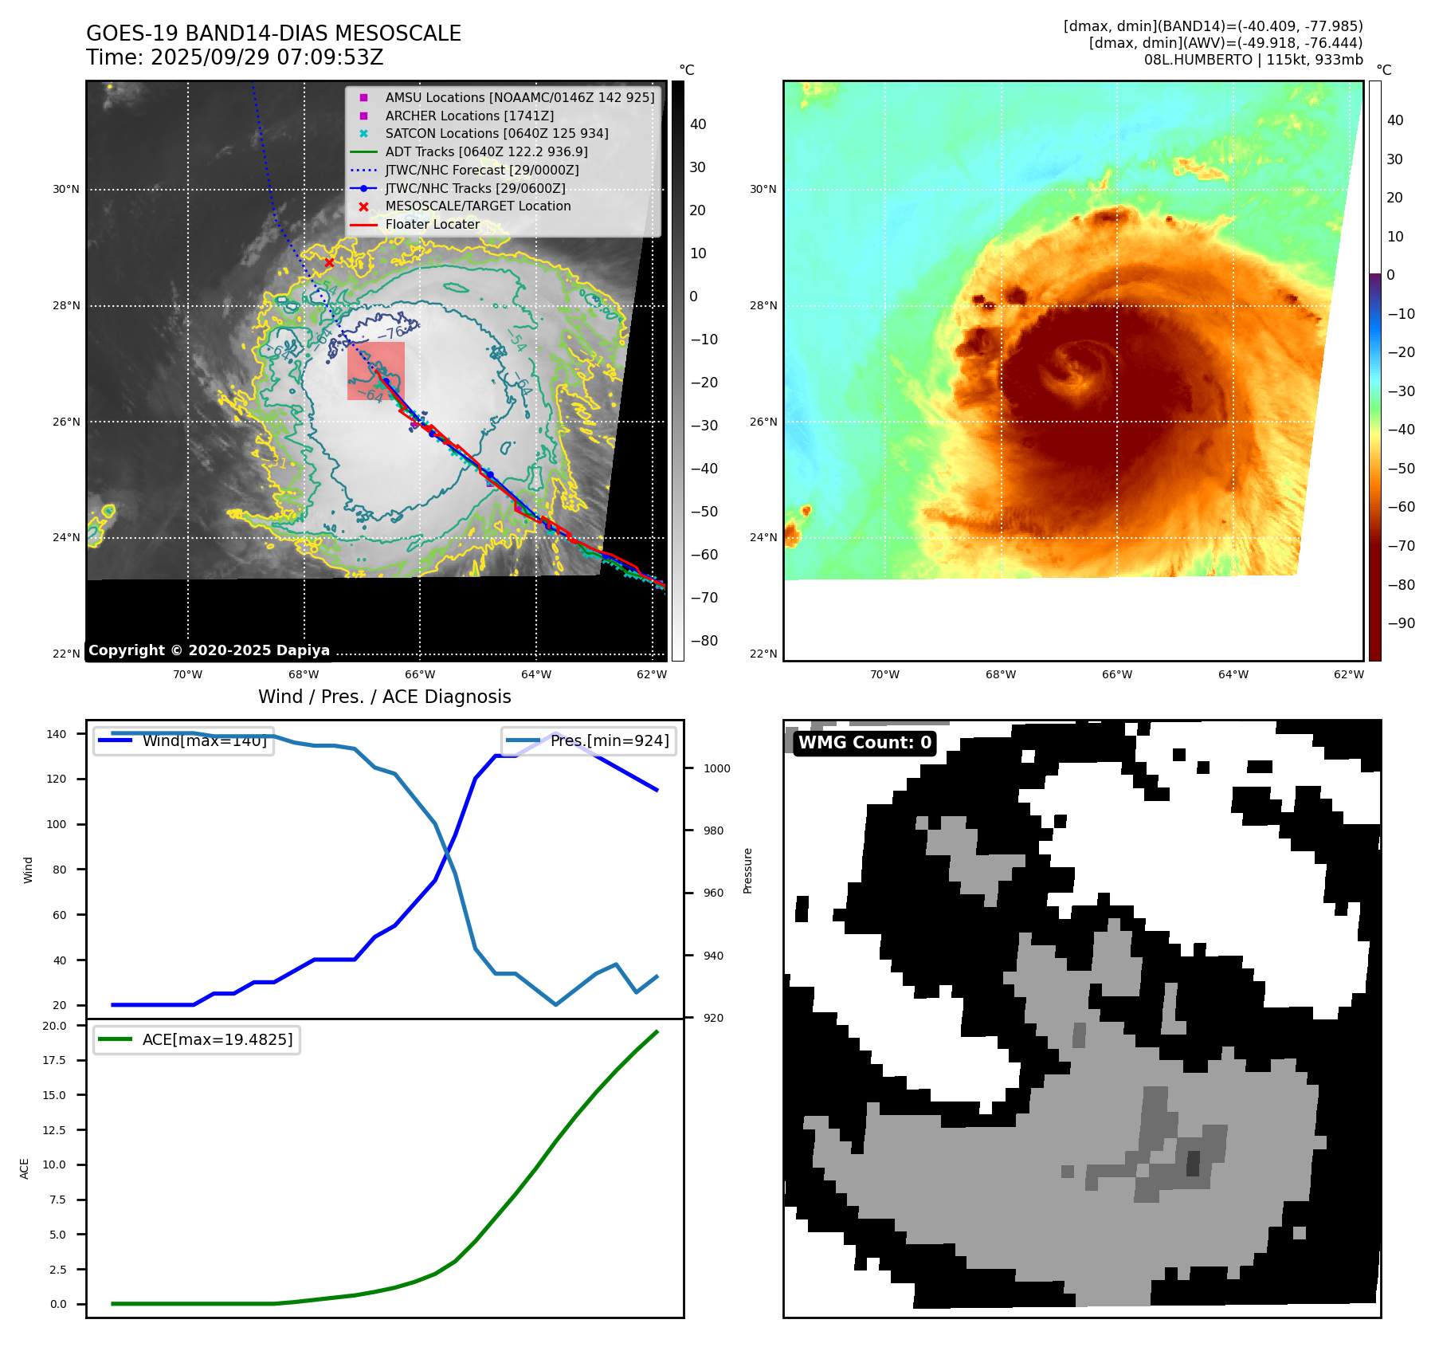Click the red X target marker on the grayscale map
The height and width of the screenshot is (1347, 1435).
tap(329, 262)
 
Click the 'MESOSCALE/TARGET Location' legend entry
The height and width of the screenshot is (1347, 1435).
tap(477, 206)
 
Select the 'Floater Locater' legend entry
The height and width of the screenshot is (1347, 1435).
tap(432, 224)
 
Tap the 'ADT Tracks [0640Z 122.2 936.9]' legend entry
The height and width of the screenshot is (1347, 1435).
tap(486, 151)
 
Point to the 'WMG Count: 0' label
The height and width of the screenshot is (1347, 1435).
tap(865, 743)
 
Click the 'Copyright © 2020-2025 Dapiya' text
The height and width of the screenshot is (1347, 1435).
tap(209, 650)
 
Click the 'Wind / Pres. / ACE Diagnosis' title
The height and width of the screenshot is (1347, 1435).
tap(384, 697)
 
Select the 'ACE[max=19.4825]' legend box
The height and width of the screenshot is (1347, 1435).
tap(197, 1039)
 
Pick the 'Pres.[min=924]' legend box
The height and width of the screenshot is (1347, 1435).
tap(589, 740)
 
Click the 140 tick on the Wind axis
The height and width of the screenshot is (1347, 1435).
tap(57, 734)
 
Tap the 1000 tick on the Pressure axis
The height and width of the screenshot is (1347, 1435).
tap(716, 768)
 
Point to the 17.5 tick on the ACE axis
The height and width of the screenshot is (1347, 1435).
tap(54, 1060)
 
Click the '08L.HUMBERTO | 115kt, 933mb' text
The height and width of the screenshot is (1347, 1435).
tap(1253, 60)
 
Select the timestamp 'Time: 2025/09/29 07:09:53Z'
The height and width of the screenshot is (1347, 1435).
tap(234, 57)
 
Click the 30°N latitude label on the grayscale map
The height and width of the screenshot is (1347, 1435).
tap(66, 190)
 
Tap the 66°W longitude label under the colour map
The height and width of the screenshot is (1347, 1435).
tap(1116, 674)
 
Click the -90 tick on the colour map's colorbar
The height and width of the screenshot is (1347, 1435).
tap(1401, 623)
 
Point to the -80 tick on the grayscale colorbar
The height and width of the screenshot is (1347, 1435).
tap(704, 641)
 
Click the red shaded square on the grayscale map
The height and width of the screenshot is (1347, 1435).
tap(376, 371)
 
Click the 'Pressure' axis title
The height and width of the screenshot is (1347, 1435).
tap(747, 870)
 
